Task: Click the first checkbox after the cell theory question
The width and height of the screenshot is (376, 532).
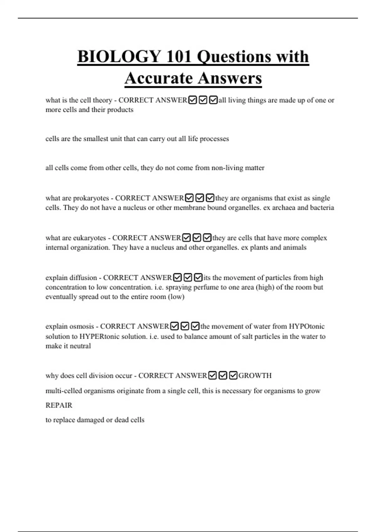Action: tap(192, 100)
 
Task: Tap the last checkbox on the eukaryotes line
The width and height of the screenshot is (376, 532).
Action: tap(207, 238)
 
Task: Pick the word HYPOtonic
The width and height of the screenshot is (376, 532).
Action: tap(306, 326)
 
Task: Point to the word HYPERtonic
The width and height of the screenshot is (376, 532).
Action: tap(99, 337)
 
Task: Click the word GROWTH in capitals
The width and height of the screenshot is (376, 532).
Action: tap(255, 376)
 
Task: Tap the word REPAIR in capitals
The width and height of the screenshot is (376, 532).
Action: tap(59, 405)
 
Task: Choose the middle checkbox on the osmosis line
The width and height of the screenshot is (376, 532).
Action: tap(185, 326)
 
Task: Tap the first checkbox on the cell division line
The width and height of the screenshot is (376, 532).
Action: tap(212, 376)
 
